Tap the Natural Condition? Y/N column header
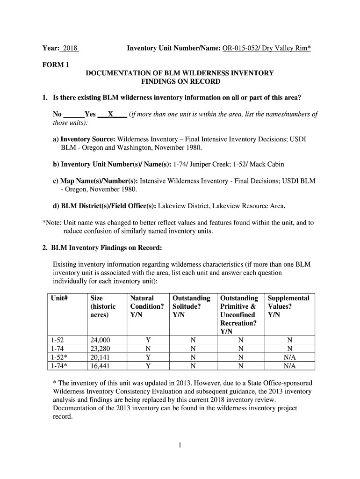[147, 306]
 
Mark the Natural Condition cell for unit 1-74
[148, 349]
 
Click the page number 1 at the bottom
[180, 445]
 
